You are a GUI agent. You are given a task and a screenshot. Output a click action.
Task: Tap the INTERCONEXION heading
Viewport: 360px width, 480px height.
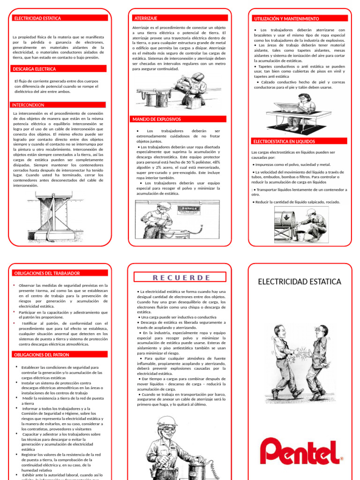(28, 105)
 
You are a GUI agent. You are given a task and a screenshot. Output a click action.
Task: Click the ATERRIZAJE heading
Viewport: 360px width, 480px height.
(145, 18)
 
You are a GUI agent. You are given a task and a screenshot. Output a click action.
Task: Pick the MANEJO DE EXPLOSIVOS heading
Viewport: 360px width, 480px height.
(157, 119)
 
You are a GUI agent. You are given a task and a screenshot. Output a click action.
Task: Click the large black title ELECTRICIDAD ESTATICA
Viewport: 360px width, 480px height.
(300, 282)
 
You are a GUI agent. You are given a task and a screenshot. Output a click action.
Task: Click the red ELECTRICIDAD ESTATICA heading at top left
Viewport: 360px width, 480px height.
(38, 18)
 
